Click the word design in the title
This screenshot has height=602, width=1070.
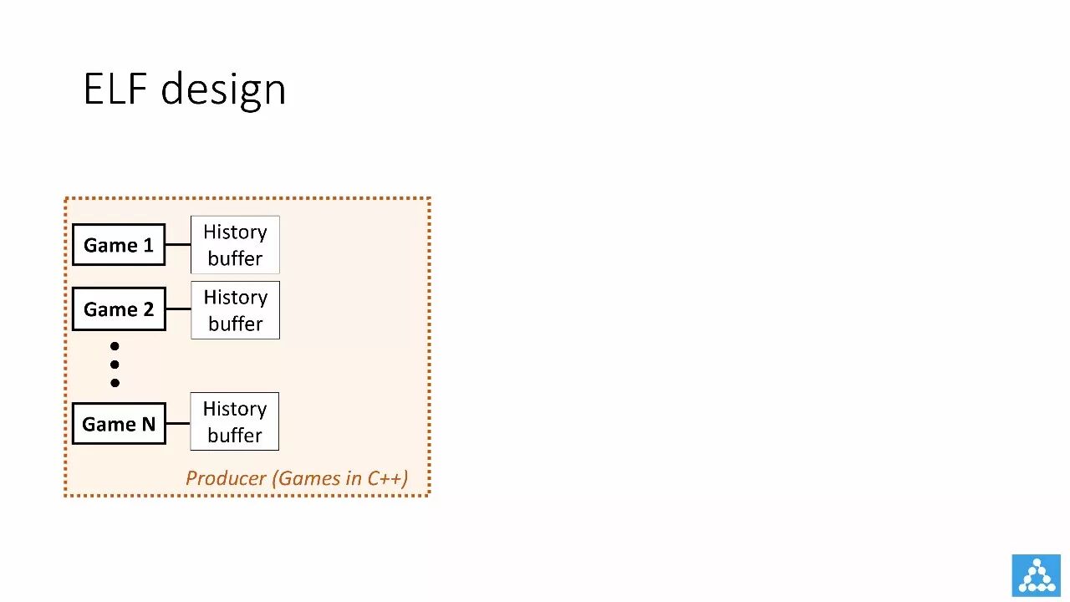click(x=223, y=89)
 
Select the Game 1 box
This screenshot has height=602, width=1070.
click(x=119, y=245)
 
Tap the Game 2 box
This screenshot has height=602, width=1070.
click(x=119, y=309)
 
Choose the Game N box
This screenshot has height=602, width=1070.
click(x=119, y=424)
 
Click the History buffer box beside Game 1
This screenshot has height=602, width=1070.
click(x=235, y=245)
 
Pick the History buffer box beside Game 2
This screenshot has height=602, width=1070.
click(x=235, y=310)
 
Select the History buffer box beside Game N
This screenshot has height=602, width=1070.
click(x=235, y=421)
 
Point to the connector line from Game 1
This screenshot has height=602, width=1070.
click(x=178, y=245)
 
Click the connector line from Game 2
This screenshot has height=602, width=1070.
click(x=178, y=309)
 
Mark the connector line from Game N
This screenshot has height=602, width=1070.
click(x=178, y=423)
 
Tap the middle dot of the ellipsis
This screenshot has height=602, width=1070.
click(x=115, y=365)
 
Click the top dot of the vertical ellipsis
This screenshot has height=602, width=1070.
click(x=115, y=346)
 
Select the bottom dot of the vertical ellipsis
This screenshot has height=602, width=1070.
click(x=115, y=383)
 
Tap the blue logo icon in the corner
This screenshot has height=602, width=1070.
click(x=1036, y=575)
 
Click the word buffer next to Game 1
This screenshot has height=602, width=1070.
click(x=235, y=258)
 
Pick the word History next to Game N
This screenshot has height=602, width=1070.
click(x=235, y=409)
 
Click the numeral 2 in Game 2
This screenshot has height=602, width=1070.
click(x=147, y=309)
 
